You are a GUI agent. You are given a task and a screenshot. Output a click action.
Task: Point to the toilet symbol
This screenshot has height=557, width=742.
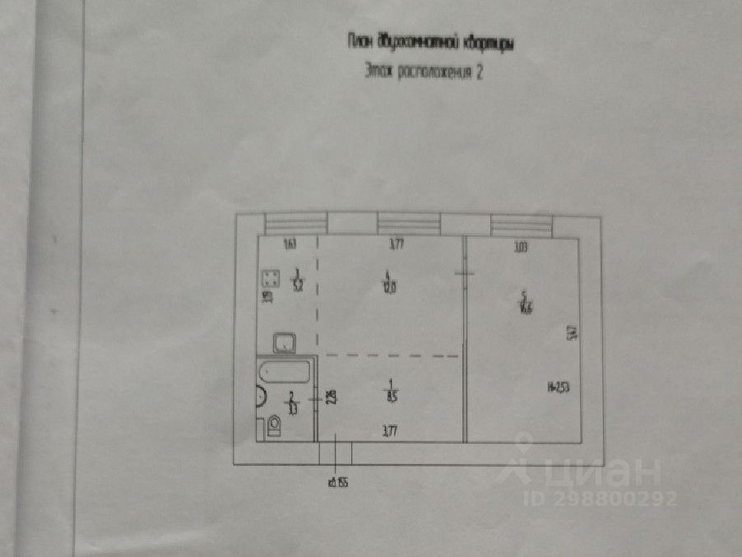272,425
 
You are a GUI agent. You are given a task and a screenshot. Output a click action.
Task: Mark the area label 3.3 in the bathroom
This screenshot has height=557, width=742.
293,403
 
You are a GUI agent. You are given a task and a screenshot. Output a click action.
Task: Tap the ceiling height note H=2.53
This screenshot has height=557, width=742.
559,386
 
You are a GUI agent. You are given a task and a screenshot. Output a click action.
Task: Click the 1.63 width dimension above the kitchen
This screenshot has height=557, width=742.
289,244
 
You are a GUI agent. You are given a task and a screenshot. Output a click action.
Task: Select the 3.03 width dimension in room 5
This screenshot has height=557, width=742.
519,244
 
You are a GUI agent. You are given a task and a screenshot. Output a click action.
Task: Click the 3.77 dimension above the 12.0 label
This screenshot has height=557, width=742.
397,244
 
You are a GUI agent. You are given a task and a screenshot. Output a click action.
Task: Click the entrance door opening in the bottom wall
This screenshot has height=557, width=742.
336,453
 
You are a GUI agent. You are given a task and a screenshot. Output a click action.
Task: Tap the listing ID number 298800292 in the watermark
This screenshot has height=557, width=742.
614,498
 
